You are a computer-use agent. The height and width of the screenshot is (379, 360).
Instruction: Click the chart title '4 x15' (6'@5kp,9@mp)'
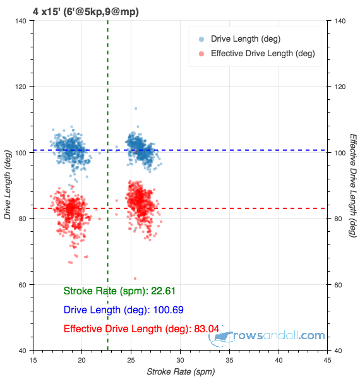coord(86,11)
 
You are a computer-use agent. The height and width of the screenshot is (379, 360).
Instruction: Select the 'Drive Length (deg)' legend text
coord(246,39)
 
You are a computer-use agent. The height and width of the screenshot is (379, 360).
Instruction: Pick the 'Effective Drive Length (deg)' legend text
coord(262,54)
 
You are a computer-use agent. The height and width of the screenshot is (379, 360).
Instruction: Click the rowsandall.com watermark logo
coord(268,337)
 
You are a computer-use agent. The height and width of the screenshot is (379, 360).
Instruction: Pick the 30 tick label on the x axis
coord(180,360)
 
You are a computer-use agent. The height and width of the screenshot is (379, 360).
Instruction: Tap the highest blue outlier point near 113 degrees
coord(135,109)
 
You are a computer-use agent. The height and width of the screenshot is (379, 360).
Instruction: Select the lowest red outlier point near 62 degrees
coord(135,279)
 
